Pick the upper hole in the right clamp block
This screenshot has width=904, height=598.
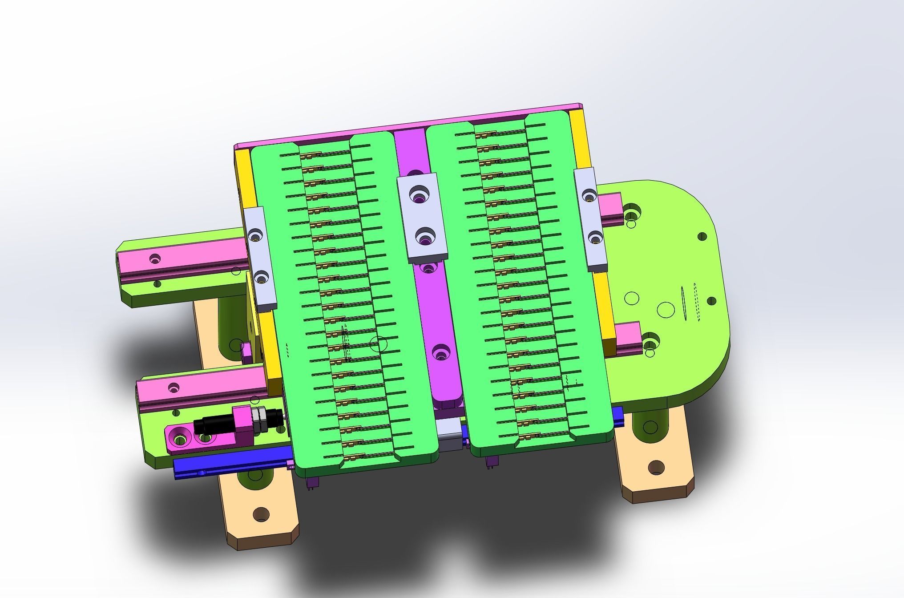point(589,196)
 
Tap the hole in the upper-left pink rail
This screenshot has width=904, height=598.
point(155,258)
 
